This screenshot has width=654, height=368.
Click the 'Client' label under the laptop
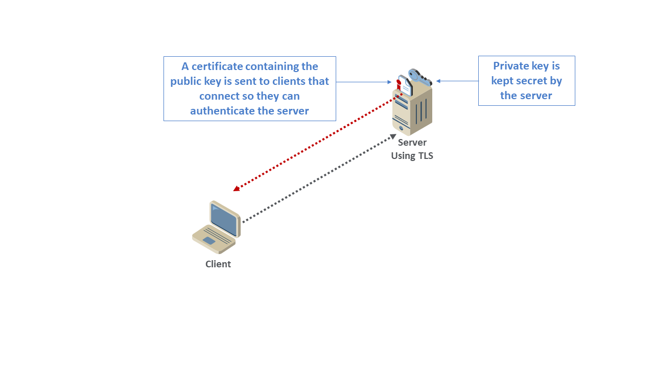coord(218,264)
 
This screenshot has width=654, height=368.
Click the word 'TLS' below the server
coord(424,156)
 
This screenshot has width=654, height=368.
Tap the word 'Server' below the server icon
coord(412,143)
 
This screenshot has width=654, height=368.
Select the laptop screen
coord(224,219)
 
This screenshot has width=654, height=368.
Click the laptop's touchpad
coord(208,240)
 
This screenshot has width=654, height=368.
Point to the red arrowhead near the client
coord(236,189)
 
